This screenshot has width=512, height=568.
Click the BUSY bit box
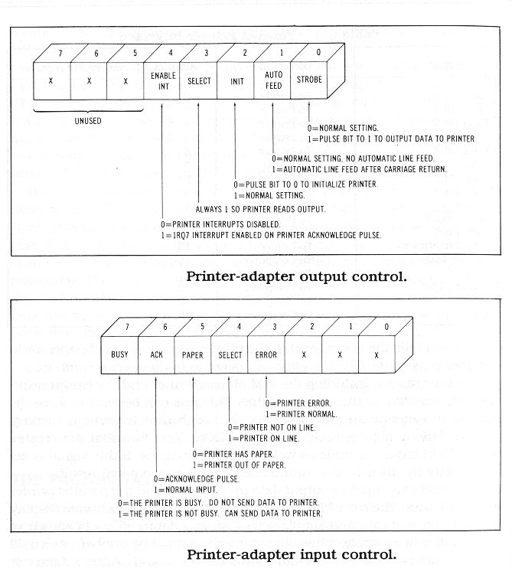(119, 355)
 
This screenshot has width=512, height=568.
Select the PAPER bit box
(192, 355)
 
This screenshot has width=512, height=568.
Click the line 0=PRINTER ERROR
(299, 402)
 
